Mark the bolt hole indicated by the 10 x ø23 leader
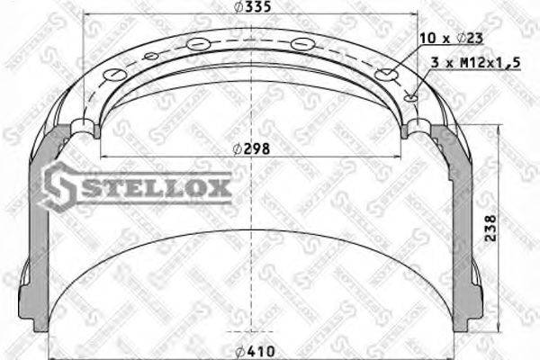pos(387,75)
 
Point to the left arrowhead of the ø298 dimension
pos(101,156)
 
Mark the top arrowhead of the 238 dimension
pos(498,129)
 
